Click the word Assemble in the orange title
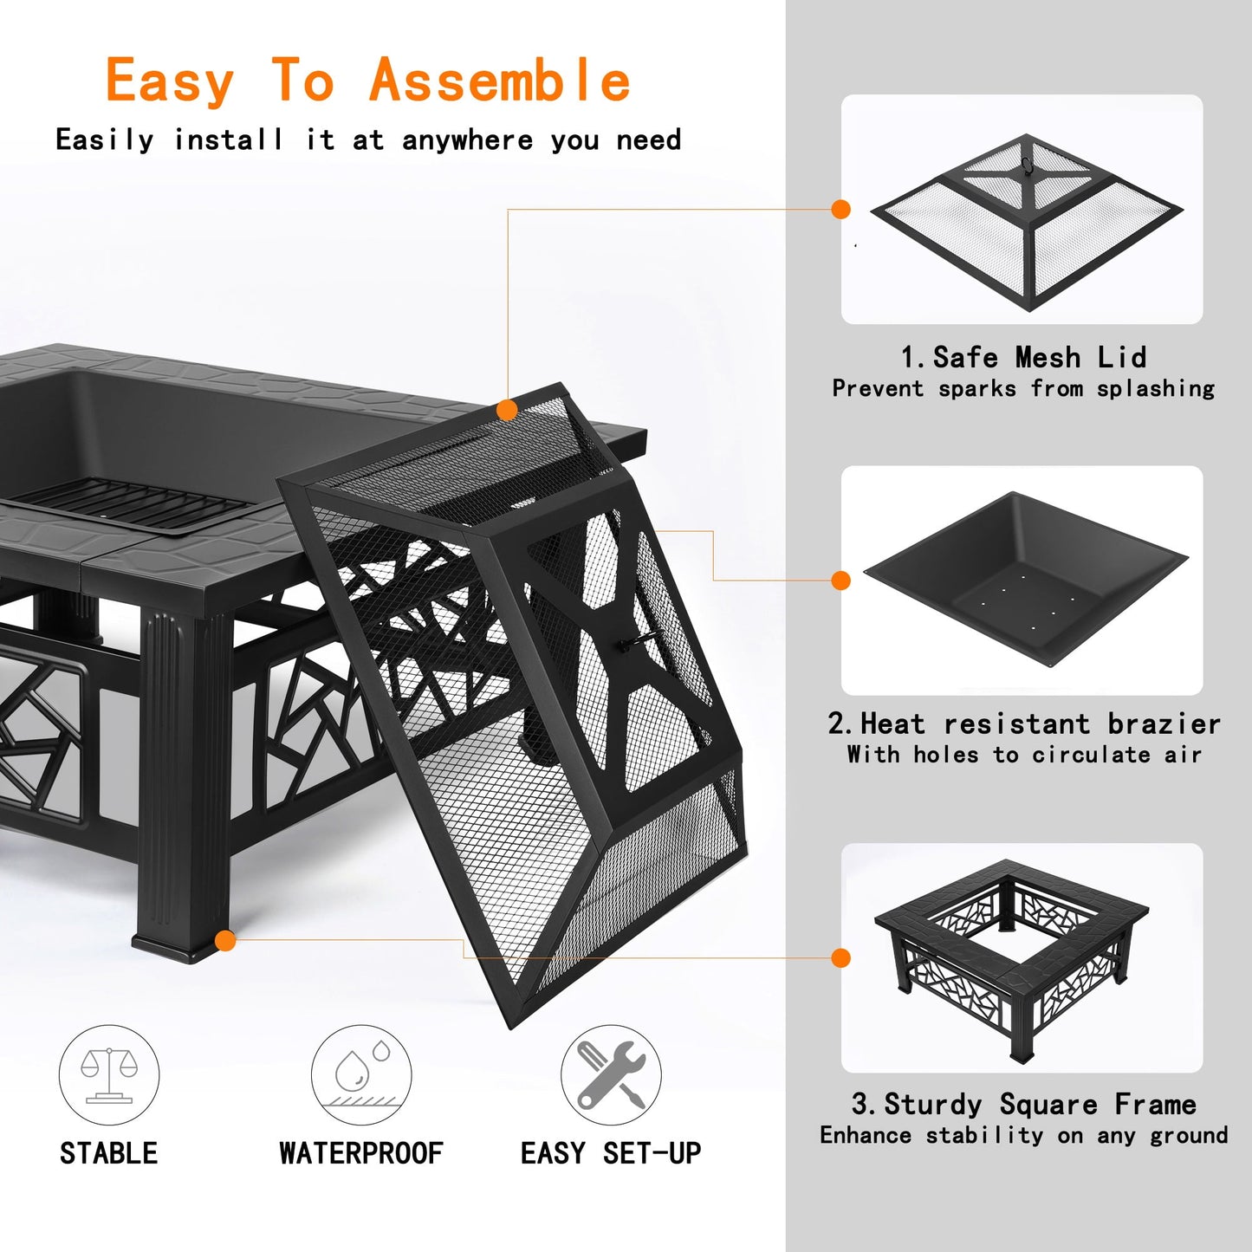499,81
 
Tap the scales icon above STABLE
109,1075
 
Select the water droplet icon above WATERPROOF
361,1075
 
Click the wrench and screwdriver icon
611,1075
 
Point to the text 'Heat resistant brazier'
1040,723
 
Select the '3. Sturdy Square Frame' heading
1023,1104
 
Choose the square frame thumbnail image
1014,957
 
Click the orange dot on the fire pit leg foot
225,940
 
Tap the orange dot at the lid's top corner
508,410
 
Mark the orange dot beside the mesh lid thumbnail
840,209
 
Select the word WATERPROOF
360,1153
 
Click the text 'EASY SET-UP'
611,1153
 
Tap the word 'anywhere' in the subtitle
467,139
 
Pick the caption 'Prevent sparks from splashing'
1022,388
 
